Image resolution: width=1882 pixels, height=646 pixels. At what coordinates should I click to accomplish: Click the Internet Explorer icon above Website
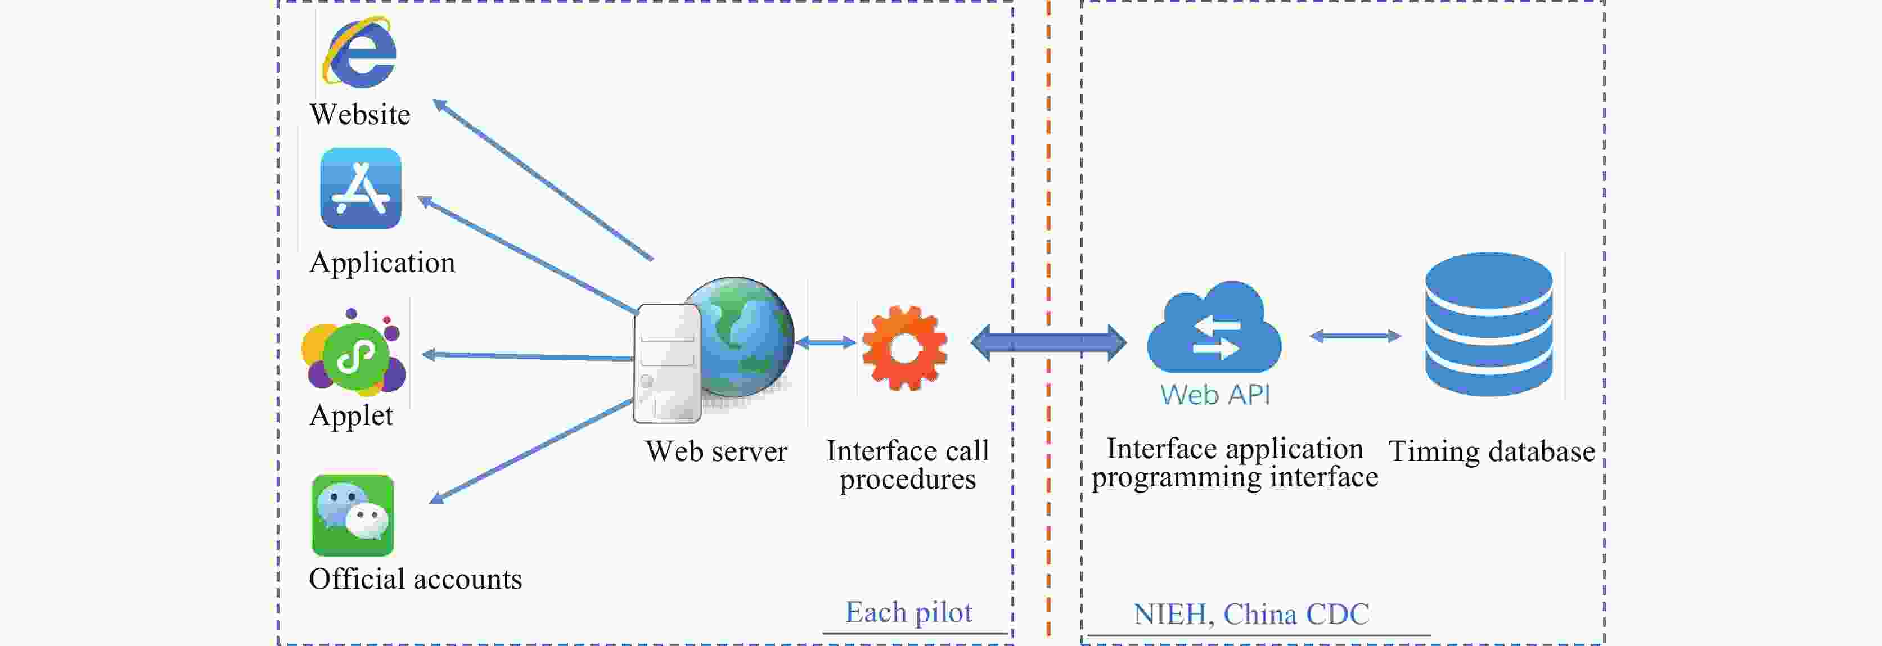click(360, 52)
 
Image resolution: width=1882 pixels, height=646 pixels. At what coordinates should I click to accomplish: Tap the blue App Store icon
click(361, 188)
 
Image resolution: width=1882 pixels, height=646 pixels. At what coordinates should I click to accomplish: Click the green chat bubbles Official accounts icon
click(353, 516)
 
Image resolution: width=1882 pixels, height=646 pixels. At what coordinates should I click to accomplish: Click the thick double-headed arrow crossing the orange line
click(1048, 342)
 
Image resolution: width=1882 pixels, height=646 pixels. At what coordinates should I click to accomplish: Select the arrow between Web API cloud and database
click(1355, 336)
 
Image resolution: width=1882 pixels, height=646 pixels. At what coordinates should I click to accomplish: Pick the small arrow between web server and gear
click(826, 342)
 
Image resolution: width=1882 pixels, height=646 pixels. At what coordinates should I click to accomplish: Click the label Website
click(359, 115)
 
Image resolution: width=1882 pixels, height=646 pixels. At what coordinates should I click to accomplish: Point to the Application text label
click(382, 263)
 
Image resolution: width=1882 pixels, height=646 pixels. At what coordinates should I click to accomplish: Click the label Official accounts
click(415, 579)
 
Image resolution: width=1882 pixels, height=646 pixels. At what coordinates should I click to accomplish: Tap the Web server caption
click(716, 451)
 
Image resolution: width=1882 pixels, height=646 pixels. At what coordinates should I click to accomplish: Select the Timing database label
click(1491, 451)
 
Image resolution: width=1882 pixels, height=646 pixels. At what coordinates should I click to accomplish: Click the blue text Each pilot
click(908, 612)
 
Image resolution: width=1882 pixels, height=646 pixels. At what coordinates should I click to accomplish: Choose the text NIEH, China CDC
click(1251, 614)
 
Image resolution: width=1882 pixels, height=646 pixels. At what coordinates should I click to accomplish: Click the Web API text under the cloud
click(1215, 395)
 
